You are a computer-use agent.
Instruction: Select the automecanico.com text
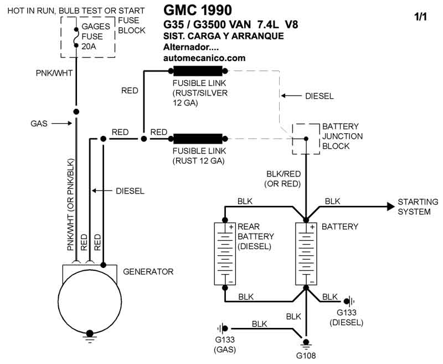click(x=204, y=58)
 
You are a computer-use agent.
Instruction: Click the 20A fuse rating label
click(x=88, y=46)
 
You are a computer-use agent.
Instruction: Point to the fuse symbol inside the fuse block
click(x=76, y=36)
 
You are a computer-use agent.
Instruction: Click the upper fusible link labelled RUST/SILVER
click(x=198, y=71)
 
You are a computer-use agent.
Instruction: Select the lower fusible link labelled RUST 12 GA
click(x=198, y=138)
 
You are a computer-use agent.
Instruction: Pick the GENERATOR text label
click(x=148, y=272)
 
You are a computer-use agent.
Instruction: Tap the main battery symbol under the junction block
click(x=305, y=254)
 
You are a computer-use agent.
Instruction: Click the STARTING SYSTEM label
click(x=418, y=207)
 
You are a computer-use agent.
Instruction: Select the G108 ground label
click(x=306, y=356)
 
